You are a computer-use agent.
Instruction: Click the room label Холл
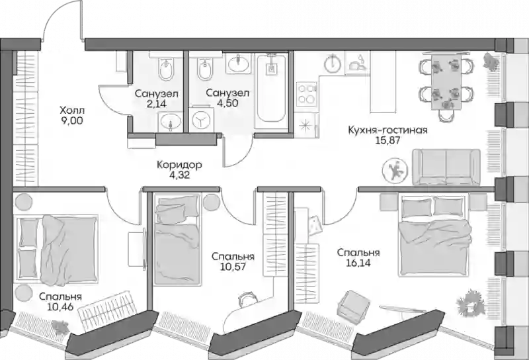pos(72,111)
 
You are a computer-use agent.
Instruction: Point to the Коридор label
pos(179,165)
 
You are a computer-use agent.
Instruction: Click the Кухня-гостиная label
pos(387,130)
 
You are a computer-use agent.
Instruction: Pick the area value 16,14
pos(358,263)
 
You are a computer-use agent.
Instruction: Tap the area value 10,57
pos(233,267)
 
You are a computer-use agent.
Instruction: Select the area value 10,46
pos(61,306)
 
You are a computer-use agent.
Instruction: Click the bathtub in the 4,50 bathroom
pos(271,89)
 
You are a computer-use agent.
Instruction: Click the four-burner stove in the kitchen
pos(307,93)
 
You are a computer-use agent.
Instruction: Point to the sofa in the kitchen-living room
pos(446,167)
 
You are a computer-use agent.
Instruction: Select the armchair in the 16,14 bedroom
pos(352,304)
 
